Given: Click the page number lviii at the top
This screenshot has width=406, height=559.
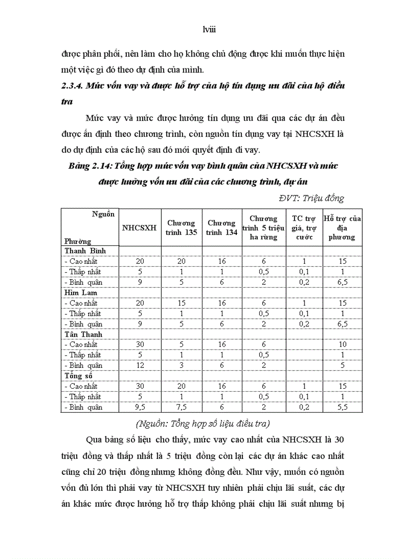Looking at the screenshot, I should (x=203, y=30).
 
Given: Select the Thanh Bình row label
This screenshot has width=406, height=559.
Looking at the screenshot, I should (x=85, y=250).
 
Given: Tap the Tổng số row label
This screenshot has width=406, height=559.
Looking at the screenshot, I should (x=79, y=376).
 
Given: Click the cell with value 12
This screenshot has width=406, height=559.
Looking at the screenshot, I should (x=140, y=365).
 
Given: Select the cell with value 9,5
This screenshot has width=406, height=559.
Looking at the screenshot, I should (x=140, y=407).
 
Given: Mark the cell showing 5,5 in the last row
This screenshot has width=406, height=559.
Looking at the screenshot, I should (x=342, y=407).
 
